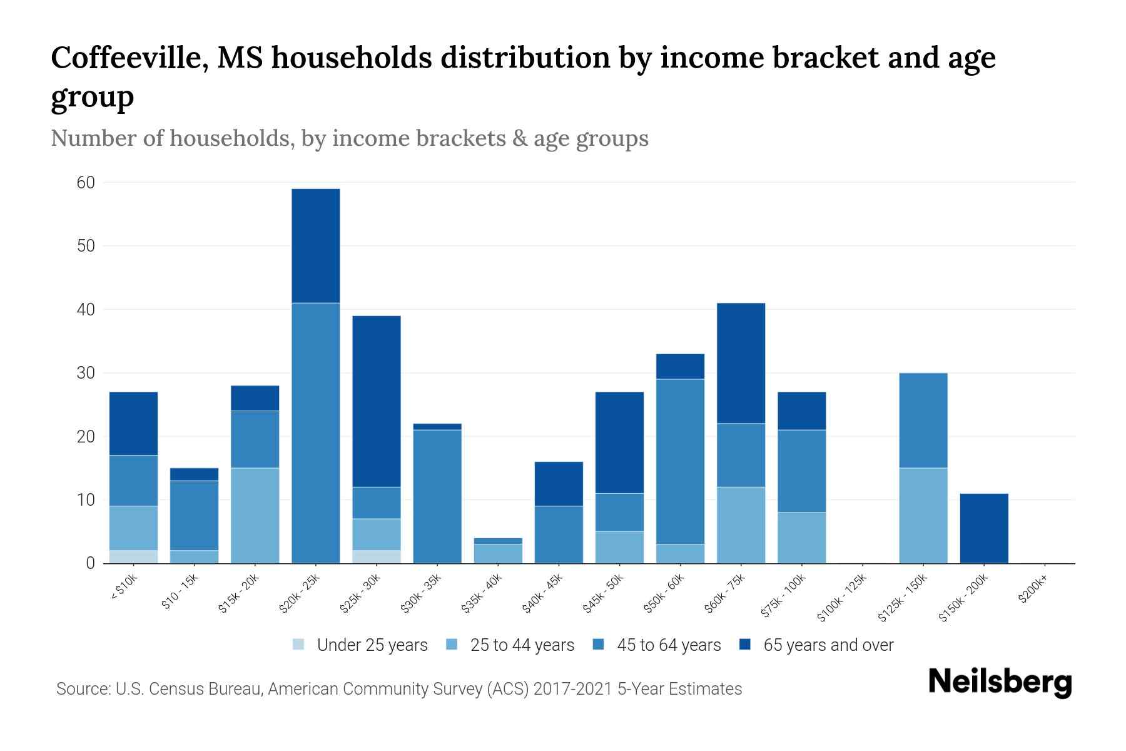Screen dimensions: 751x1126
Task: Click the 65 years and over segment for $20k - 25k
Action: click(316, 246)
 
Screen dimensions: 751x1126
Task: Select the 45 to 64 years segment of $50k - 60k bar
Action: click(680, 461)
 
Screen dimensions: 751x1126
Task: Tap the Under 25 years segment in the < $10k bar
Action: click(133, 556)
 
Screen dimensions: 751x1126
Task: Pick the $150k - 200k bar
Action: click(984, 528)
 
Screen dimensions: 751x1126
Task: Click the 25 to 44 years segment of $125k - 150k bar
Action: click(923, 515)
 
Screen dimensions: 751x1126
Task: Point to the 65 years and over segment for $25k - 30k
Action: click(377, 401)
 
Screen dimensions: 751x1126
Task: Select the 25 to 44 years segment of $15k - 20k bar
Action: click(255, 515)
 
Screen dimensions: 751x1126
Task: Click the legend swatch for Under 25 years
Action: click(299, 645)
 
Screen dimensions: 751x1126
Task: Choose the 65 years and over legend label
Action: click(828, 645)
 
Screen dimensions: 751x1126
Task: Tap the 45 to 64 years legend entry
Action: click(668, 645)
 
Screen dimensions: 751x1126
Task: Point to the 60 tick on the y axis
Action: click(86, 183)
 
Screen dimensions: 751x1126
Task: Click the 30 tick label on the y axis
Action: click(86, 373)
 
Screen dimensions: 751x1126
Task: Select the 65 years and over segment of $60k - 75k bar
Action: click(741, 363)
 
